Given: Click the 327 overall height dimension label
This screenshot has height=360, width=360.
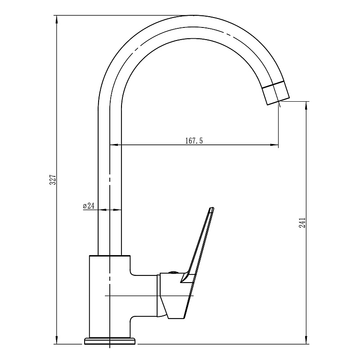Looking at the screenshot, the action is tap(53, 179).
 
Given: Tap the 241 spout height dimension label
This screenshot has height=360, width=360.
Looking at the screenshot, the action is tap(302, 222).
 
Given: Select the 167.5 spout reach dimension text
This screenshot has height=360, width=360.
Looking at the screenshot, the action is tap(194, 140).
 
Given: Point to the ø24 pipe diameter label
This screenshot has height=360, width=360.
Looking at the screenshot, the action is tap(89, 206).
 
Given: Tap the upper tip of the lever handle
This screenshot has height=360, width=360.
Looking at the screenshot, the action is tap(211, 208).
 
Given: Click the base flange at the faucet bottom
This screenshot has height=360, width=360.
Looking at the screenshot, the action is tap(110, 341).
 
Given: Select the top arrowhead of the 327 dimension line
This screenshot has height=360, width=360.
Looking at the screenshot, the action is tap(57, 19).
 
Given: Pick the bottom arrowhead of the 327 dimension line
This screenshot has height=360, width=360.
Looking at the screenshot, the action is tap(57, 340).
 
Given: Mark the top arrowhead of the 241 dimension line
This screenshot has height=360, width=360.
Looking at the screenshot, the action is tap(306, 105).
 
